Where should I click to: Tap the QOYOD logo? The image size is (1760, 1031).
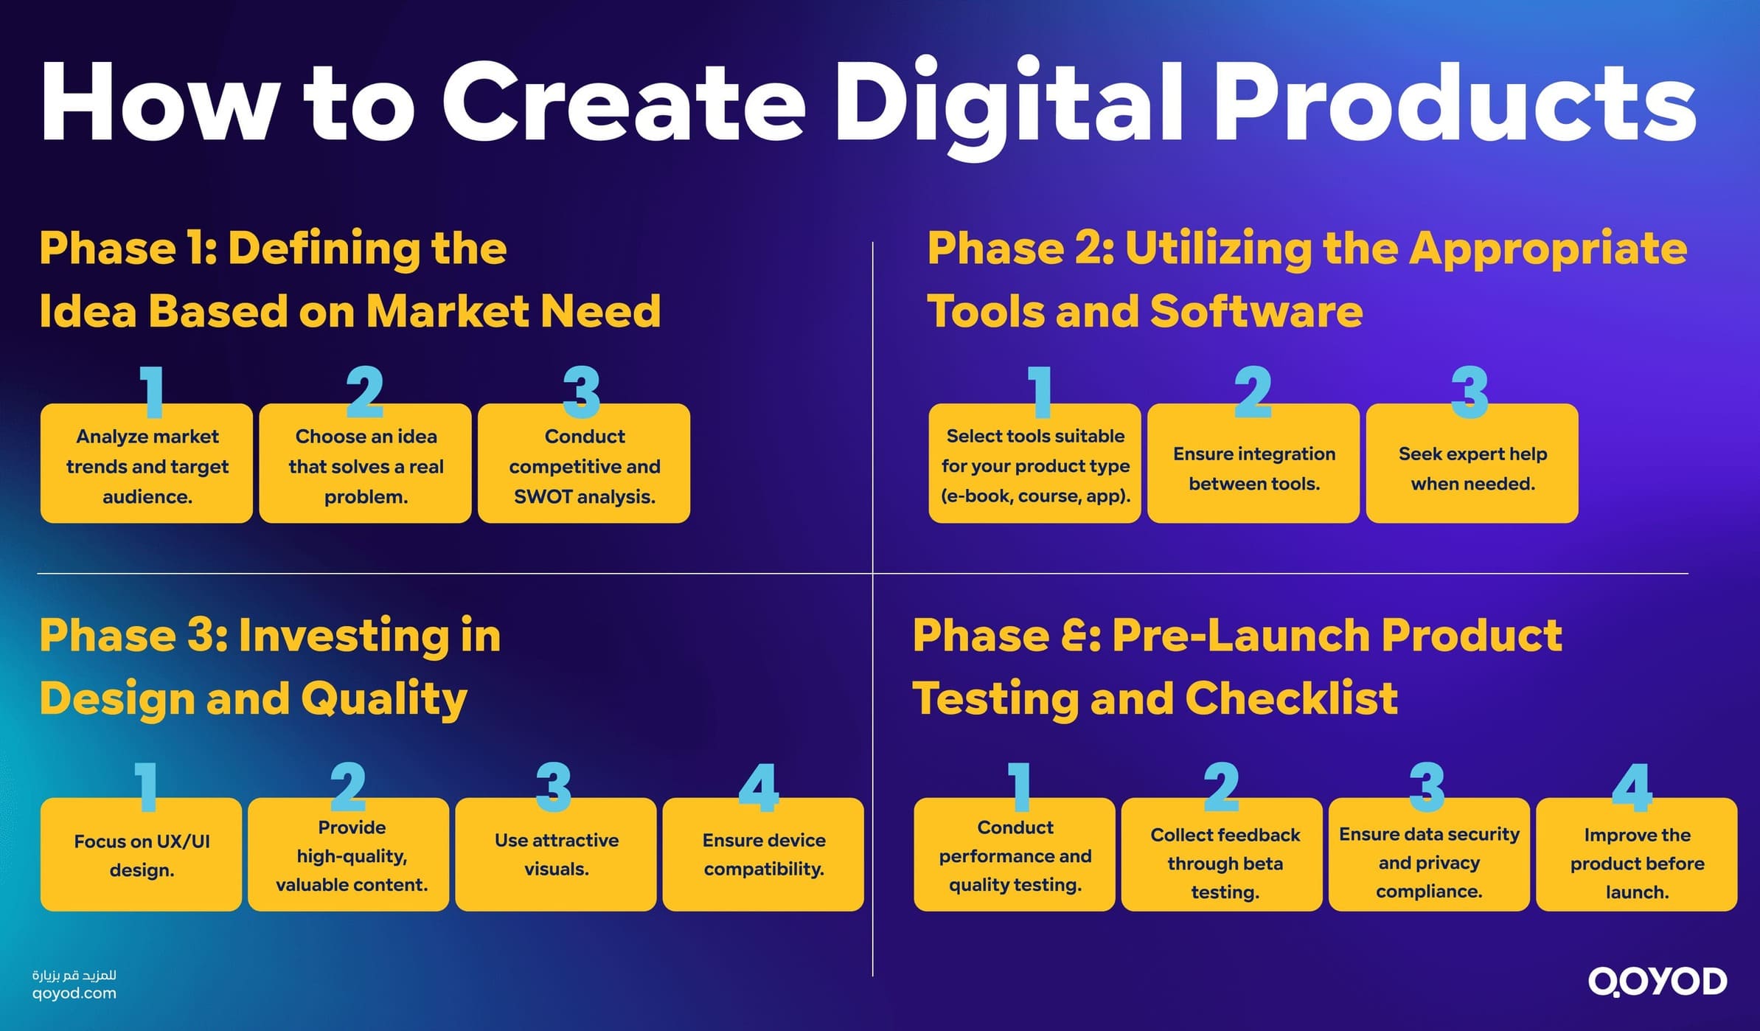coord(1657,982)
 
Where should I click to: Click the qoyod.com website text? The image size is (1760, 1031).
coord(74,993)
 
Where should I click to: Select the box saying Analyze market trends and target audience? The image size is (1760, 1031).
coord(147,465)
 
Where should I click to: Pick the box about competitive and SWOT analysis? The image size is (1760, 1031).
coord(584,465)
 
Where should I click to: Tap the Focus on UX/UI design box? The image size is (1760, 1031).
coord(141,855)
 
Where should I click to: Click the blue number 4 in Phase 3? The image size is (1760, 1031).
coord(759,788)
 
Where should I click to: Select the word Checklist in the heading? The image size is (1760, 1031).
coord(1291,698)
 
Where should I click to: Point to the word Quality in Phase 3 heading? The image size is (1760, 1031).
coord(384,699)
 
